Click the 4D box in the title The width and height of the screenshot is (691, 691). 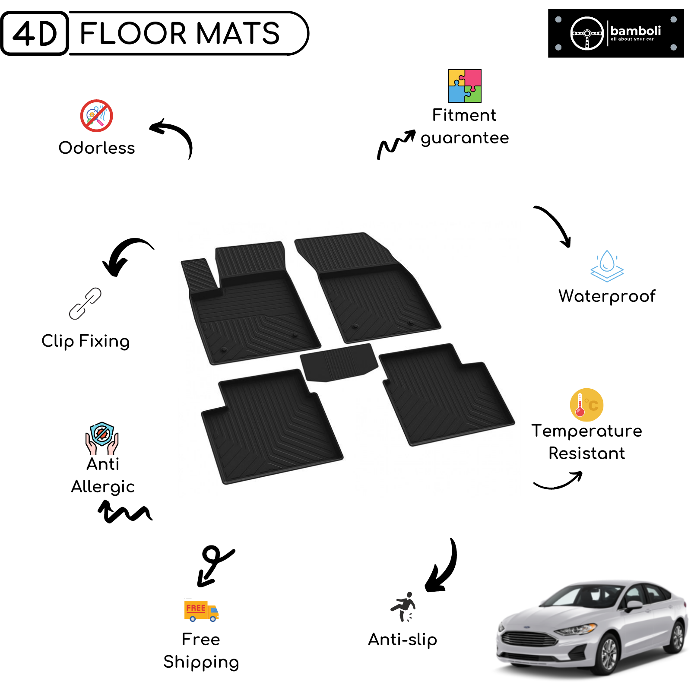[x=35, y=33]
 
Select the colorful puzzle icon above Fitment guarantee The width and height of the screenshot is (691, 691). [x=465, y=86]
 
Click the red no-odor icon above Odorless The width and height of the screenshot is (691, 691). [x=97, y=116]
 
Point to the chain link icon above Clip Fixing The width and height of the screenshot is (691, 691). [x=86, y=304]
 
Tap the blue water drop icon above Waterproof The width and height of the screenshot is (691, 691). [x=607, y=266]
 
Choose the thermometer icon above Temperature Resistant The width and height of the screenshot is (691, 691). [x=586, y=405]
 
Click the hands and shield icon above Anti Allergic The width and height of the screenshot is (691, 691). [x=102, y=438]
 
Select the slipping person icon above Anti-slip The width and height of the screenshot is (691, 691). [x=403, y=607]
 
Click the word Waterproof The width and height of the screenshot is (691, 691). [x=607, y=297]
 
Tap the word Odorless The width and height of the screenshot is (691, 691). [x=97, y=148]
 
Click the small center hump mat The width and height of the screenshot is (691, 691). [x=339, y=362]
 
